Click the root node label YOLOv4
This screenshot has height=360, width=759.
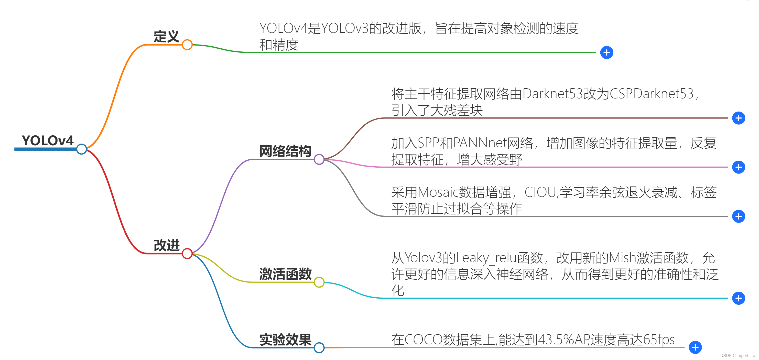tap(48, 140)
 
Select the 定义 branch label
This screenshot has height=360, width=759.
tap(167, 37)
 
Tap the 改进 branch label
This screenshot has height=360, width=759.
tap(167, 245)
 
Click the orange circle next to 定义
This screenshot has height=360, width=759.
tap(187, 45)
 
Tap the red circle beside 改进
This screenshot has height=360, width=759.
tap(187, 253)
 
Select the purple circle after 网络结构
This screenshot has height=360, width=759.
tap(319, 159)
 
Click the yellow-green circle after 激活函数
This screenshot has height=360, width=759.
tap(319, 282)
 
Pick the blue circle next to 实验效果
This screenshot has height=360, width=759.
tap(319, 348)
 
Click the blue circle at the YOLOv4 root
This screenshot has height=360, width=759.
tap(82, 149)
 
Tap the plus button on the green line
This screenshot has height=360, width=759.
tap(607, 53)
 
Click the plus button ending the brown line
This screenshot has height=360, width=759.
tap(738, 118)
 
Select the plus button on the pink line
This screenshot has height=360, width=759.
tap(738, 167)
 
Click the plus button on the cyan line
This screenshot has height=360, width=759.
tap(738, 298)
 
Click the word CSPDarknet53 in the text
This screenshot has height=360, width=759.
tap(652, 94)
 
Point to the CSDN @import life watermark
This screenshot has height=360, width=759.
tap(738, 356)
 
